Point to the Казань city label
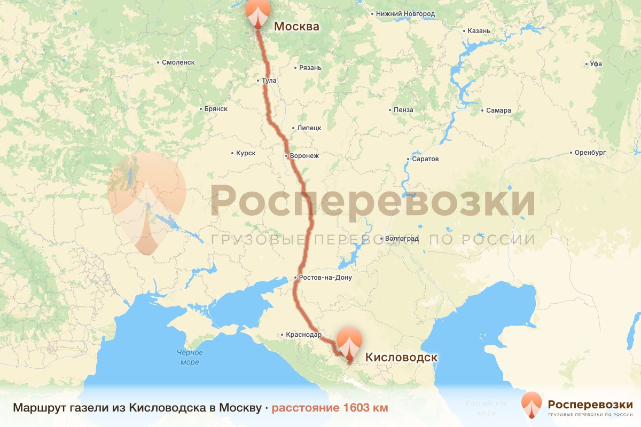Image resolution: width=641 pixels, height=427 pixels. tap(479, 31)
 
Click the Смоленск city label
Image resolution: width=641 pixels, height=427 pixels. tap(178, 62)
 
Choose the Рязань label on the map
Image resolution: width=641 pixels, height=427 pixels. tap(310, 68)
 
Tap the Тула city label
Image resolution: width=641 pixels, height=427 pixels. tap(269, 81)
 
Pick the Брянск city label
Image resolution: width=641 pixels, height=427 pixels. tap(216, 109)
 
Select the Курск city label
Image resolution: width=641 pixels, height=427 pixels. tap(246, 153)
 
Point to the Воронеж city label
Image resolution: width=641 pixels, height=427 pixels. tap(304, 156)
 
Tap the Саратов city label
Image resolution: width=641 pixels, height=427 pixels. tap(426, 159)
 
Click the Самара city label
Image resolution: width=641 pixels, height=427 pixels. tap(498, 110)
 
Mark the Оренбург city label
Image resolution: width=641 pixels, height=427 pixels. tap(590, 153)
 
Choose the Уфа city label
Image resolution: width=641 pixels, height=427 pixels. tap(596, 64)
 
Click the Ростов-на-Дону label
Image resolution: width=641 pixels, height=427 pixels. tap(326, 278)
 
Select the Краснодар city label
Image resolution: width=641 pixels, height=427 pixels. tap(303, 335)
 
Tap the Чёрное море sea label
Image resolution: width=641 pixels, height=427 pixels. tap(190, 357)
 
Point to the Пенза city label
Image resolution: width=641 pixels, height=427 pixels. tap(403, 110)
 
